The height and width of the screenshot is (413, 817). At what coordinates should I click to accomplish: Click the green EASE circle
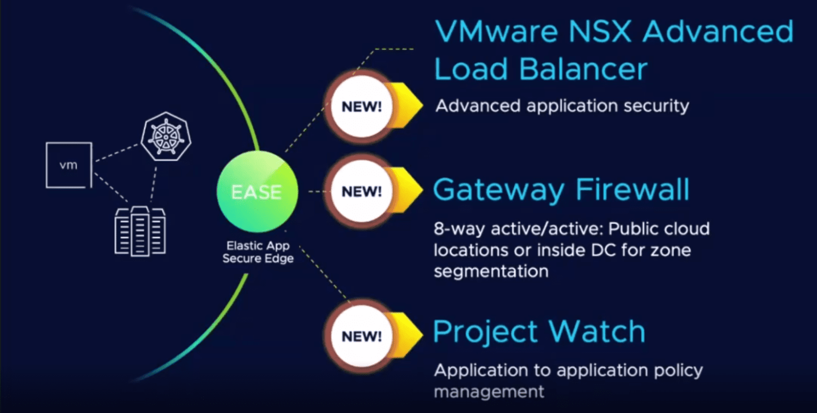tap(257, 192)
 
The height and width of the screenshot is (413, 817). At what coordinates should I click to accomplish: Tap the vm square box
tap(69, 165)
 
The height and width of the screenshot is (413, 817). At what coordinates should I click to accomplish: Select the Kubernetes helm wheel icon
tap(165, 137)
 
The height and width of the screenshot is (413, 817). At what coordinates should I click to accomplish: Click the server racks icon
tap(140, 232)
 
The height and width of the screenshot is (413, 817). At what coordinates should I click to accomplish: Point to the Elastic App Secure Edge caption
tap(258, 252)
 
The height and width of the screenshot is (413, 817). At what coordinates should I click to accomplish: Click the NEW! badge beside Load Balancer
tap(362, 106)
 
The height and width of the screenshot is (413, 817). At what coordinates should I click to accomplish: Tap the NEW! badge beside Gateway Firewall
tap(362, 192)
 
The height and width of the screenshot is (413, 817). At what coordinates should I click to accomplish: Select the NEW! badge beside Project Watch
tap(362, 336)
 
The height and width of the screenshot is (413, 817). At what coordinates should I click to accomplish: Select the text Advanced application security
tap(562, 106)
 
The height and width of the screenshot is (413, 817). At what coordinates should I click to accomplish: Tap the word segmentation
tap(491, 271)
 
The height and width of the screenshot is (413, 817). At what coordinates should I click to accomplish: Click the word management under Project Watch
tap(489, 392)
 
